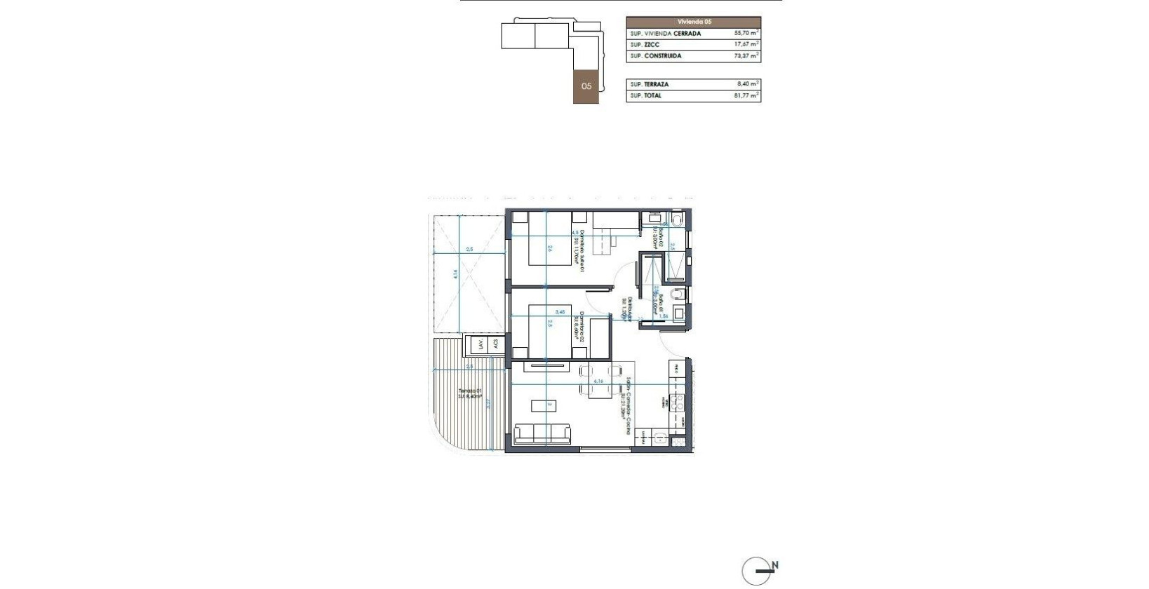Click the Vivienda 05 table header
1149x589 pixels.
693,22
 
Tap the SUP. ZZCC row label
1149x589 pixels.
645,44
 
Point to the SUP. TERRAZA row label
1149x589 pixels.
650,84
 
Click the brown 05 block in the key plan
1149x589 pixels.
586,86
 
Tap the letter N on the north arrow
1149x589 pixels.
774,565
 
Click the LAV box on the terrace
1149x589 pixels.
481,344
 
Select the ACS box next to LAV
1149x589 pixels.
495,344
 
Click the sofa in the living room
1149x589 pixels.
542,433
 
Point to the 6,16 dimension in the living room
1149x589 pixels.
598,381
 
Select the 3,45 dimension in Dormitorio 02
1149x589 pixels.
560,312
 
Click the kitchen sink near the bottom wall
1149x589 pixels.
660,439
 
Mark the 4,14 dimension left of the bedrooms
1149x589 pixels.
456,275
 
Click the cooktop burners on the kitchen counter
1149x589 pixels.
678,402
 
